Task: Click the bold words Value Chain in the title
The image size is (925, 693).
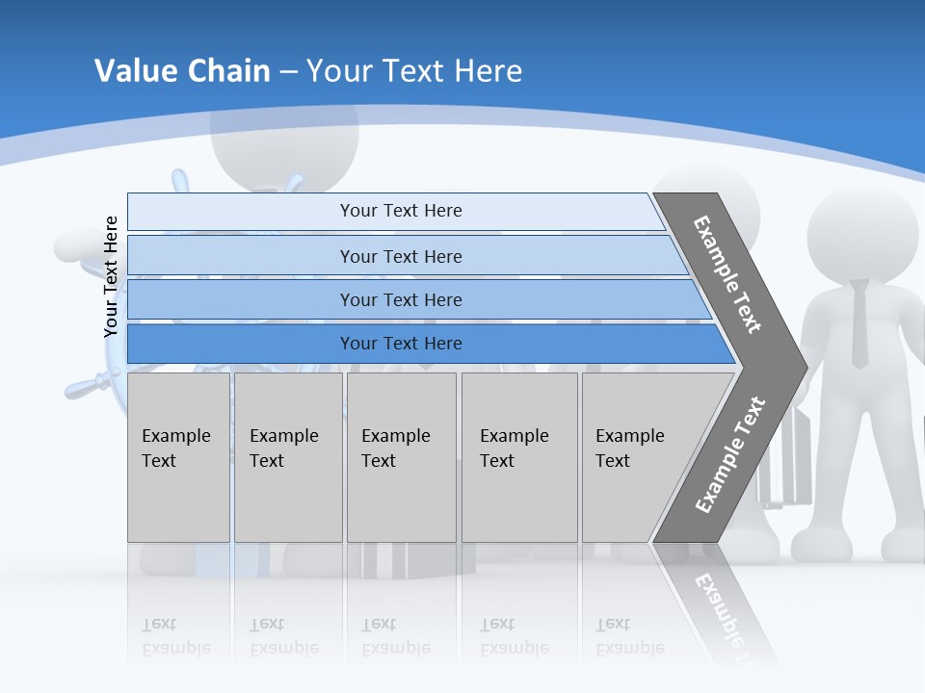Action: (182, 71)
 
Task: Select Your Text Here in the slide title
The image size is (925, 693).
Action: (414, 71)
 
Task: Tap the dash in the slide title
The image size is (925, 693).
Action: (288, 72)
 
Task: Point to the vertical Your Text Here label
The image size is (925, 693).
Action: (111, 276)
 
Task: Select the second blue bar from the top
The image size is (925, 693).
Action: (400, 256)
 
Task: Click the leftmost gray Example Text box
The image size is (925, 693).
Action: (178, 457)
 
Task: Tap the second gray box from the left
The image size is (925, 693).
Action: (288, 457)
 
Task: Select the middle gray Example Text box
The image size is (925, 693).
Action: (401, 457)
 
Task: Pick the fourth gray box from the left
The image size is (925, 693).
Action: (519, 457)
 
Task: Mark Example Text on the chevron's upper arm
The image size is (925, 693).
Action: (727, 274)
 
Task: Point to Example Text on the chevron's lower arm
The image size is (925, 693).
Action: (729, 455)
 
